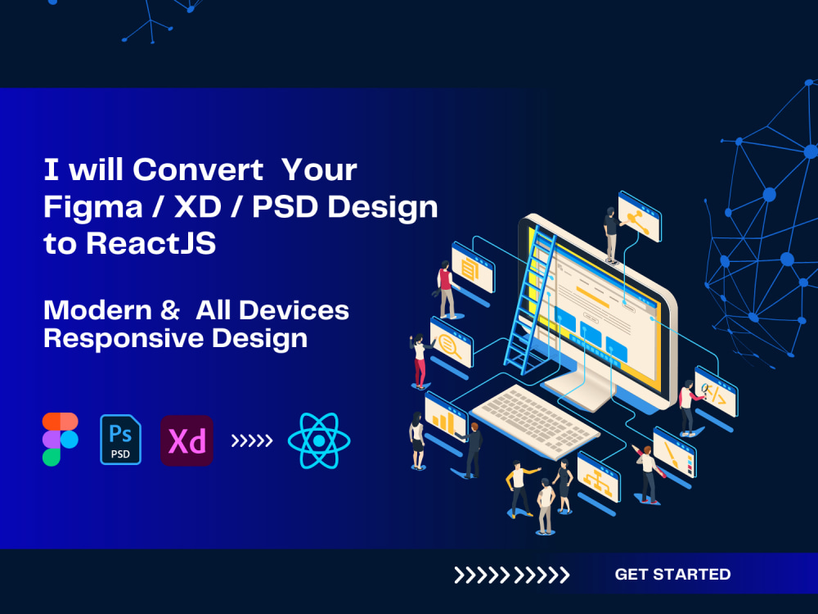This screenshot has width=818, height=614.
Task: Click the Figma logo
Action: (x=60, y=440)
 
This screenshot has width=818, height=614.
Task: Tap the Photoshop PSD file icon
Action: (x=120, y=440)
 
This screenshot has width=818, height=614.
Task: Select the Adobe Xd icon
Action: (x=187, y=440)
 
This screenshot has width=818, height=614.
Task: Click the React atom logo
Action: (x=319, y=440)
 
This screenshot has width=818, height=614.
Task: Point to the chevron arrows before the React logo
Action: (x=252, y=441)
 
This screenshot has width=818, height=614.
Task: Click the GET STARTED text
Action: (x=672, y=575)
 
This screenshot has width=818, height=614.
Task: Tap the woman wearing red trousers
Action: (x=420, y=360)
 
